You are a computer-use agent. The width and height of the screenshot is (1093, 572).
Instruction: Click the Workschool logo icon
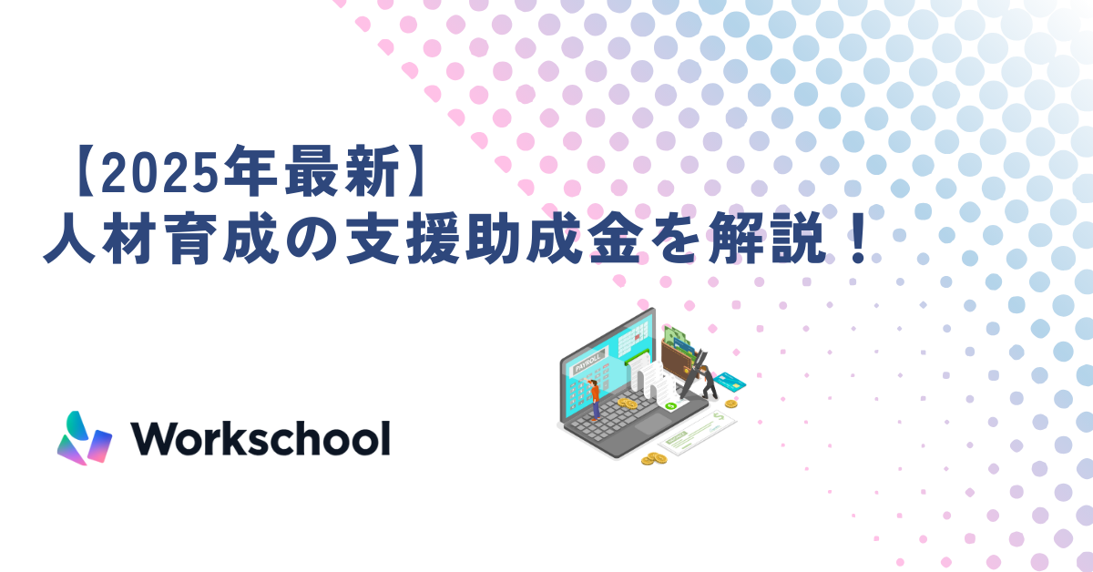(84, 439)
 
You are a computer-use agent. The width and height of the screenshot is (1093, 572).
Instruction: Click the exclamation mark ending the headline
(856, 242)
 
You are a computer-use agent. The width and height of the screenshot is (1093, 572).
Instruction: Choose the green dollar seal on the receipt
(670, 405)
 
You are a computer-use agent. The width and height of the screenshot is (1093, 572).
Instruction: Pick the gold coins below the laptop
(653, 459)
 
